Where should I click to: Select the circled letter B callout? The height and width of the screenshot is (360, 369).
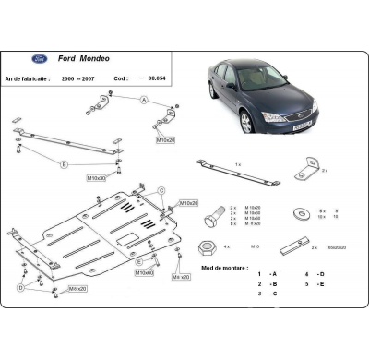tap(65, 165)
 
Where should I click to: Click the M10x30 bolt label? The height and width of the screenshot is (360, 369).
tap(97, 175)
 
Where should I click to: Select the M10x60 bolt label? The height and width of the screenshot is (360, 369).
tap(143, 272)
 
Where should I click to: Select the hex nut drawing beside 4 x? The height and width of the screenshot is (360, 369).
tap(209, 247)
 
